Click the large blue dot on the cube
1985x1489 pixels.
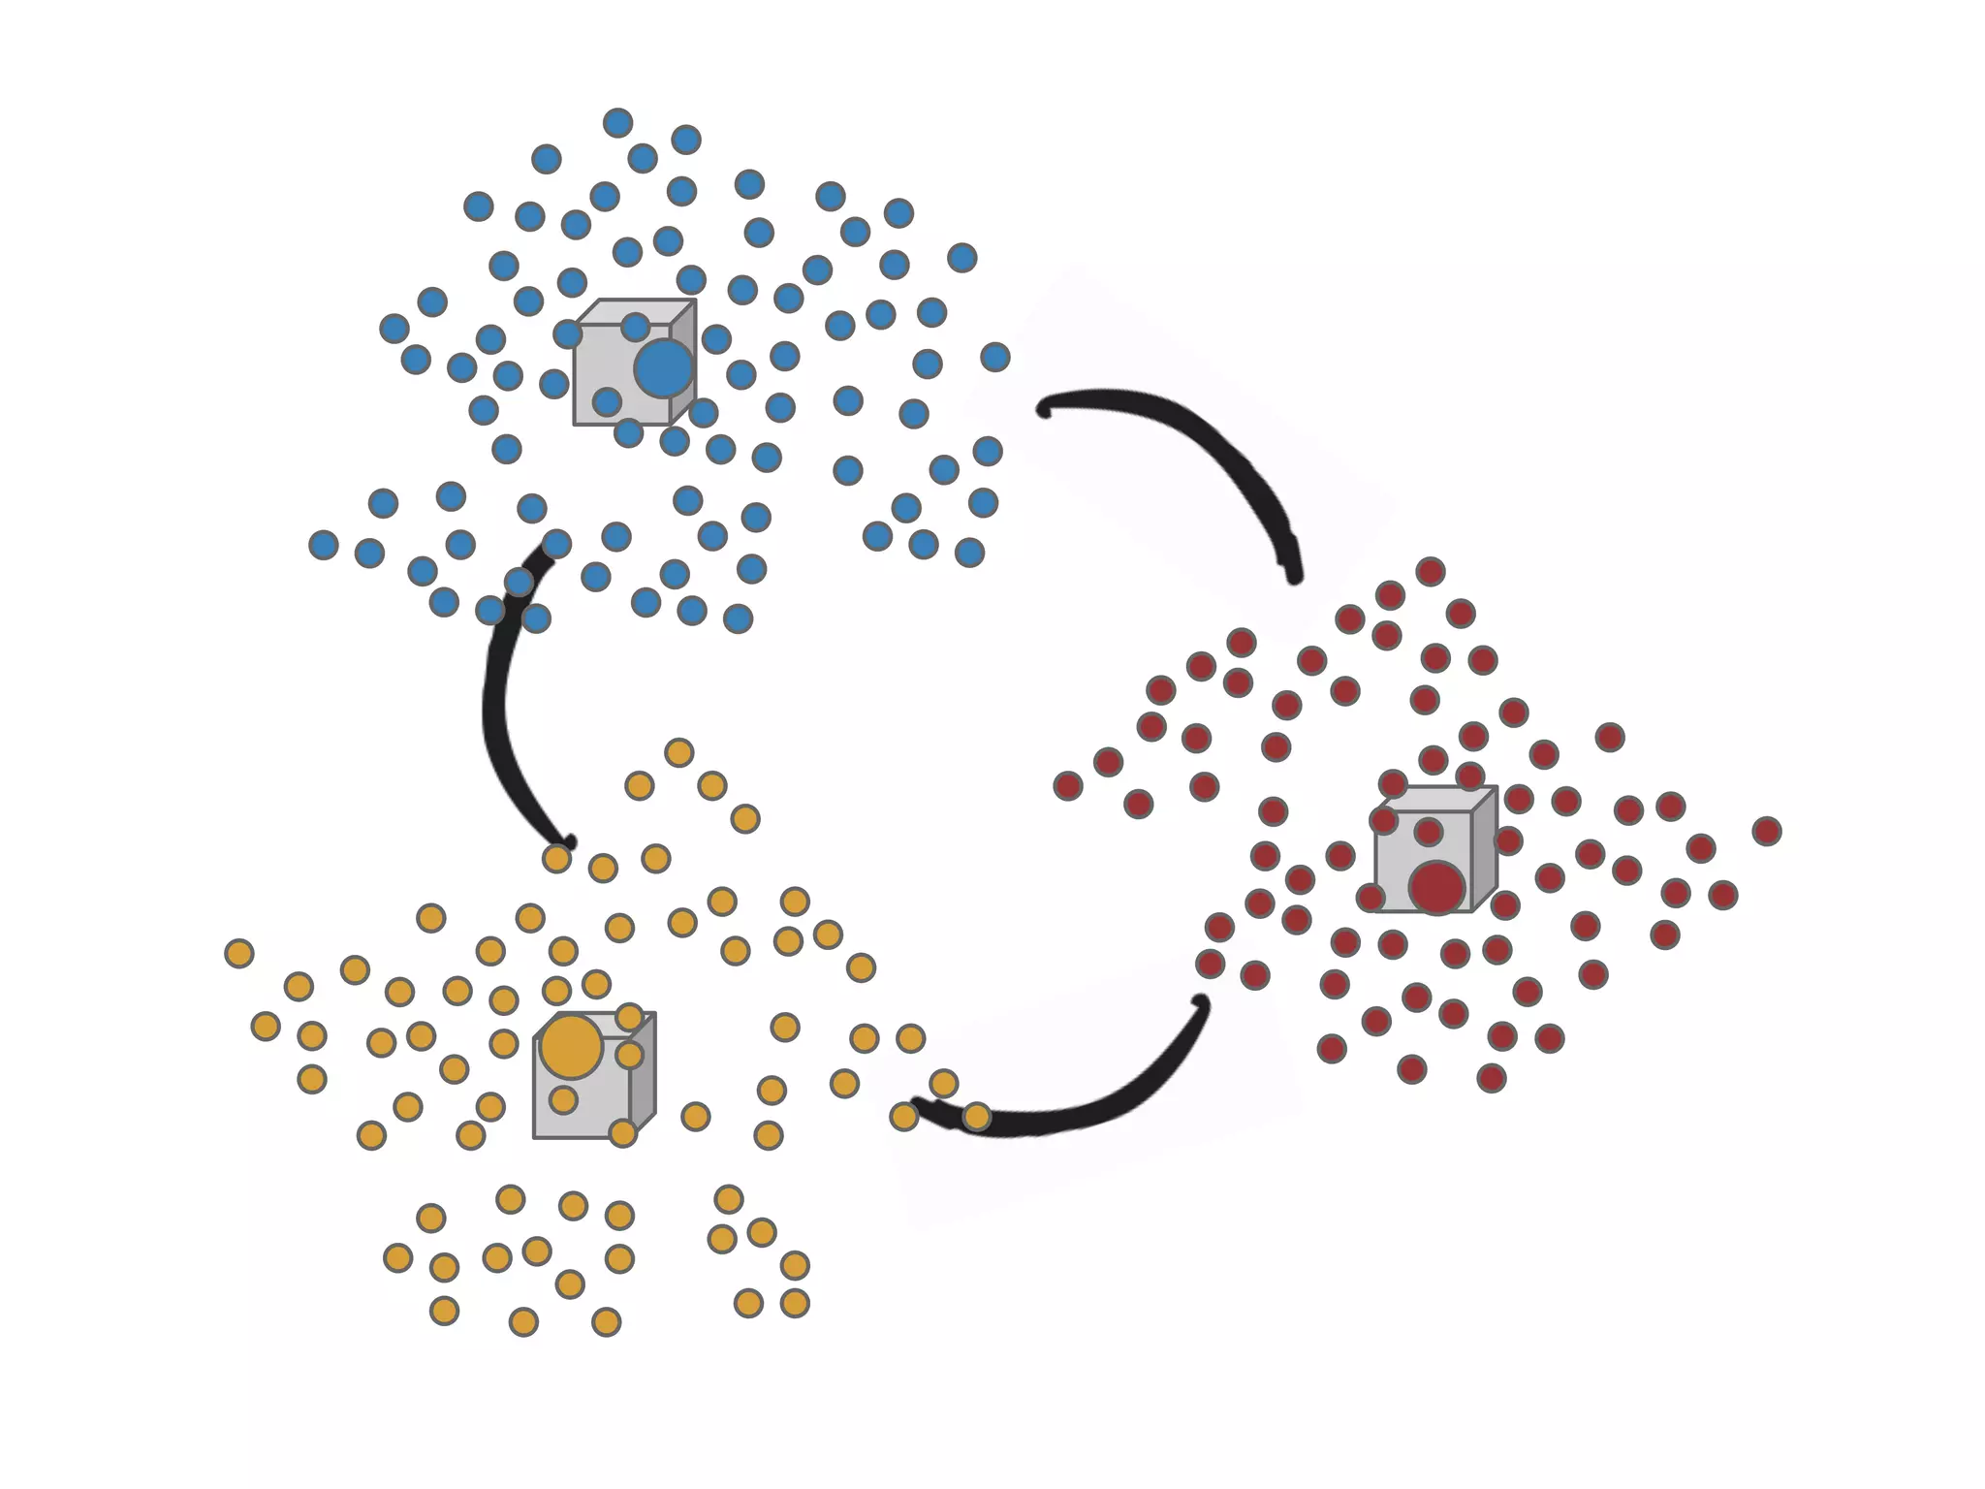pos(664,368)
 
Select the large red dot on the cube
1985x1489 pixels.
pos(1436,887)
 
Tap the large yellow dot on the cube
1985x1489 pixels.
pos(571,1047)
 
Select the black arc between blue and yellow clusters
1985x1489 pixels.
pos(494,708)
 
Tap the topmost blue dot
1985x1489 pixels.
pos(617,123)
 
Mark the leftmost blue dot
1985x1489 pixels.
pos(324,545)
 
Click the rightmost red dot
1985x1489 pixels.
pos(1767,831)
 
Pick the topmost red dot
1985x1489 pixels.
pos(1431,571)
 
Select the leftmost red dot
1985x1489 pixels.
pos(1067,785)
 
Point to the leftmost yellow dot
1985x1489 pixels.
pos(238,953)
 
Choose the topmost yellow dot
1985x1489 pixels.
pos(678,752)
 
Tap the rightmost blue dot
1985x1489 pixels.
pos(995,357)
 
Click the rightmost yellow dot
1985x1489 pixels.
pos(977,1117)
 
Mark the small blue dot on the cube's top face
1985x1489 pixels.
pos(635,327)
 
